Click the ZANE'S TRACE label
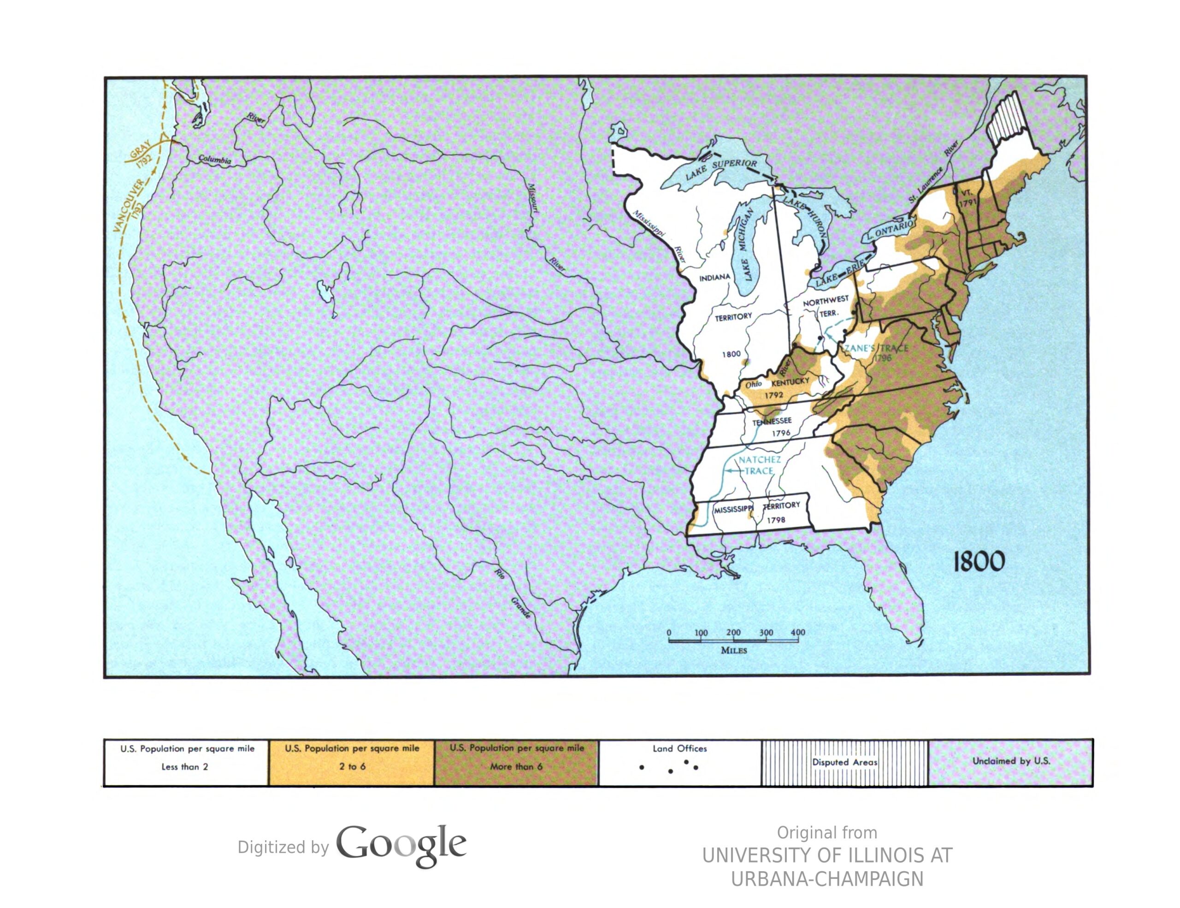coord(876,348)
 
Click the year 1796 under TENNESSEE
coord(781,433)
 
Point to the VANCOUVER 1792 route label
coord(130,205)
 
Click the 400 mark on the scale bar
coord(797,632)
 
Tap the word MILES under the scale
coord(734,650)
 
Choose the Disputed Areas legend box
coord(844,762)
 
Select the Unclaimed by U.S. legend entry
coord(1011,761)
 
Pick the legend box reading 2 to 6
coord(352,762)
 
